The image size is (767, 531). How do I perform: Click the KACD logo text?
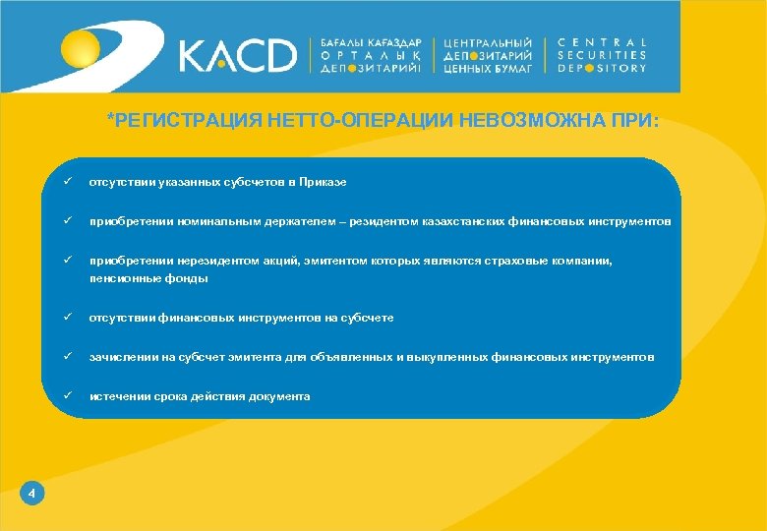(x=237, y=55)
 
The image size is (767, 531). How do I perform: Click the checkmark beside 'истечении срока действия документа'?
(x=67, y=396)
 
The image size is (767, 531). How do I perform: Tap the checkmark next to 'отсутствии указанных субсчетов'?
(x=67, y=182)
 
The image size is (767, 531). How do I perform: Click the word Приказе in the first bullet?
(x=323, y=183)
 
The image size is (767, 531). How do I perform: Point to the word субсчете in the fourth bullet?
(x=365, y=319)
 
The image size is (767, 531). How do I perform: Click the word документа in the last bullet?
(x=280, y=396)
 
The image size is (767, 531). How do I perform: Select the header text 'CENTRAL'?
(x=602, y=42)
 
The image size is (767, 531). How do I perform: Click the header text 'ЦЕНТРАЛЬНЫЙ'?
(x=489, y=43)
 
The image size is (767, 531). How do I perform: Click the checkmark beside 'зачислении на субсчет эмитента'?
(x=67, y=357)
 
